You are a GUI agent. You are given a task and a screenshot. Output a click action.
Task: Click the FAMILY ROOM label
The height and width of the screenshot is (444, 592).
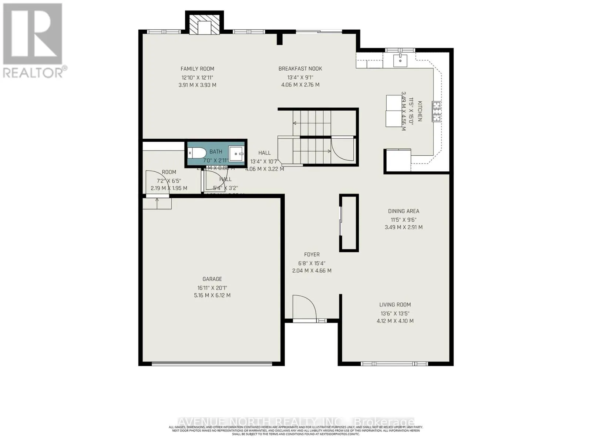point(197,68)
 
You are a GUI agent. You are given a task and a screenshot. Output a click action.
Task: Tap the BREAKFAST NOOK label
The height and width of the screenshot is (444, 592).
point(300,68)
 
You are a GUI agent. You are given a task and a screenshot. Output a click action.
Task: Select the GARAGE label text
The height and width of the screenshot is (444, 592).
point(212,279)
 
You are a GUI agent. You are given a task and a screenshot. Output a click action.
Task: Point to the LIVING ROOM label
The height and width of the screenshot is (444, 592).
point(395,305)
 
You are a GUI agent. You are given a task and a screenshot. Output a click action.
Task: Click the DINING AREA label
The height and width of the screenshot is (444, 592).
point(403,211)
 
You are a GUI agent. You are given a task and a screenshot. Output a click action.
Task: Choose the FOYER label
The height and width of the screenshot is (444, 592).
point(312,255)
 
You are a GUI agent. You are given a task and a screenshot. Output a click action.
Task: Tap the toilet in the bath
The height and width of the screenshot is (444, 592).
point(196,152)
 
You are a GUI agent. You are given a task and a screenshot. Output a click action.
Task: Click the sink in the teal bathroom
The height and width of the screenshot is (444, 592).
point(236,153)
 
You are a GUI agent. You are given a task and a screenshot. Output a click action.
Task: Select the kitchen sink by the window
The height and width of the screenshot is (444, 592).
point(400,60)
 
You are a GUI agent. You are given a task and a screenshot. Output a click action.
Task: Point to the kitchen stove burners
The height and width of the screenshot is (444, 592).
point(437,111)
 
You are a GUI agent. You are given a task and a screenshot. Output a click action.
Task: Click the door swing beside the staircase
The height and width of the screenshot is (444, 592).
point(342,148)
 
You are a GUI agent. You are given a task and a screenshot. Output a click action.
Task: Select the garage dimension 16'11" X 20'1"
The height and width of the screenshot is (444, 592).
point(212,287)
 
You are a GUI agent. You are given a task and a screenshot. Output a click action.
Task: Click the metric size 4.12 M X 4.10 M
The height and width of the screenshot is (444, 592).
point(395,321)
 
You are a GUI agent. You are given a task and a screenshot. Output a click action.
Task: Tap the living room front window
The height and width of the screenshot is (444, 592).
point(394,364)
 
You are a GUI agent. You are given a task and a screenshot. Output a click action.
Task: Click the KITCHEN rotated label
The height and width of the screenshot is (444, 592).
point(420,111)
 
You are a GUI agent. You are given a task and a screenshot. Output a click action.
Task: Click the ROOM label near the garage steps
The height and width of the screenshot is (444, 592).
point(169,172)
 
